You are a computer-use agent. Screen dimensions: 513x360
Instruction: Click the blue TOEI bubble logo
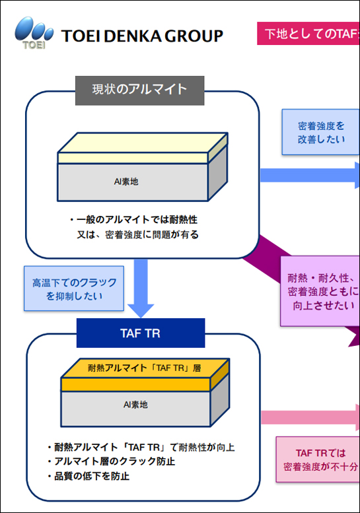(x=32, y=32)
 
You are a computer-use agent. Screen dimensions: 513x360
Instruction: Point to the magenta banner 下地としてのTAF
(x=308, y=34)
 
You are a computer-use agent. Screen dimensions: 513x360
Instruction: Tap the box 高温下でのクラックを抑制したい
(x=74, y=289)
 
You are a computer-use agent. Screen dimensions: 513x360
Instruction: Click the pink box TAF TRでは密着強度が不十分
(x=318, y=460)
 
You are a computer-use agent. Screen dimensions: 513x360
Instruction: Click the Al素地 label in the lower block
(x=135, y=404)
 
